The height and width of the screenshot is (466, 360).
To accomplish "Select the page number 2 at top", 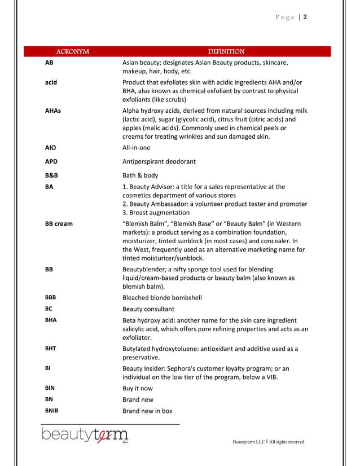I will click(x=305, y=17).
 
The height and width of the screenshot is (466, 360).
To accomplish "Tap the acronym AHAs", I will click(x=53, y=111).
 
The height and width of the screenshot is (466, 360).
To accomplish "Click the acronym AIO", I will click(x=50, y=148).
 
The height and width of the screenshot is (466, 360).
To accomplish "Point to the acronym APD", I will click(x=51, y=161).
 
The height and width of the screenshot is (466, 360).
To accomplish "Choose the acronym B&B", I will click(x=51, y=175).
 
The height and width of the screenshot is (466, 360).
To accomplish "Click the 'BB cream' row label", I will click(x=59, y=223).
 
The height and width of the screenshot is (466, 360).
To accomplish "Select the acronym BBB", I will click(x=50, y=297).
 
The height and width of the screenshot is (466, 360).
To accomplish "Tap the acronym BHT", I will click(x=50, y=348).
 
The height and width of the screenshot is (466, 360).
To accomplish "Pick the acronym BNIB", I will click(x=51, y=411).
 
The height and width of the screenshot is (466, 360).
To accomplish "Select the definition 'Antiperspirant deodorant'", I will click(x=159, y=161).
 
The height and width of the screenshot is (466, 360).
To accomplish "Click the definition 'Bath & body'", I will click(x=141, y=175).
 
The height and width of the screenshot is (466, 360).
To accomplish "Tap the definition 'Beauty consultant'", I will click(x=148, y=309).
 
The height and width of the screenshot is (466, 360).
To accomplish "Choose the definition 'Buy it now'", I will click(x=138, y=388).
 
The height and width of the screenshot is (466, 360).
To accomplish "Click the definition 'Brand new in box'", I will click(x=147, y=411).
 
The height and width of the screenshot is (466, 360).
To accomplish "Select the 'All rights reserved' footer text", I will click(x=284, y=442).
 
